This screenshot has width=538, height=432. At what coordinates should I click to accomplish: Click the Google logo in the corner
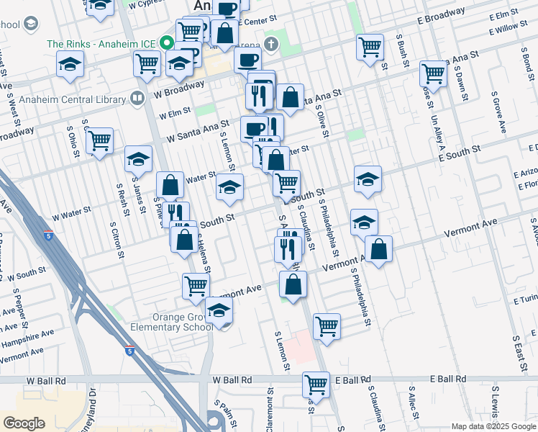24,423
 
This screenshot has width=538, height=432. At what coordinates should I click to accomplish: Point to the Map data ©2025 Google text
493,426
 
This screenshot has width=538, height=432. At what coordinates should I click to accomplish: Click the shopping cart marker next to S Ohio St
99,140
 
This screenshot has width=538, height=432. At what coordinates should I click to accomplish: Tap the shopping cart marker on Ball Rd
316,384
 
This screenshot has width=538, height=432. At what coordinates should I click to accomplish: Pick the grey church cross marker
270,45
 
